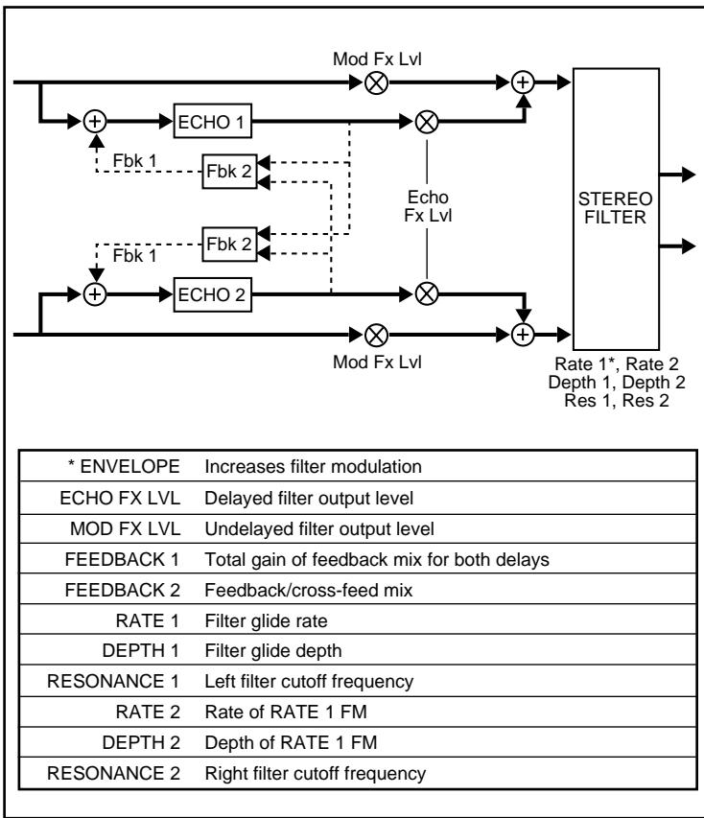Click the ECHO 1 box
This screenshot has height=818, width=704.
point(213,121)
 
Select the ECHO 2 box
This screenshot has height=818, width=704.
point(213,294)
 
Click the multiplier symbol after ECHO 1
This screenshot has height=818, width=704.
point(425,121)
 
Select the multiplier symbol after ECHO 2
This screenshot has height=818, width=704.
point(425,294)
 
